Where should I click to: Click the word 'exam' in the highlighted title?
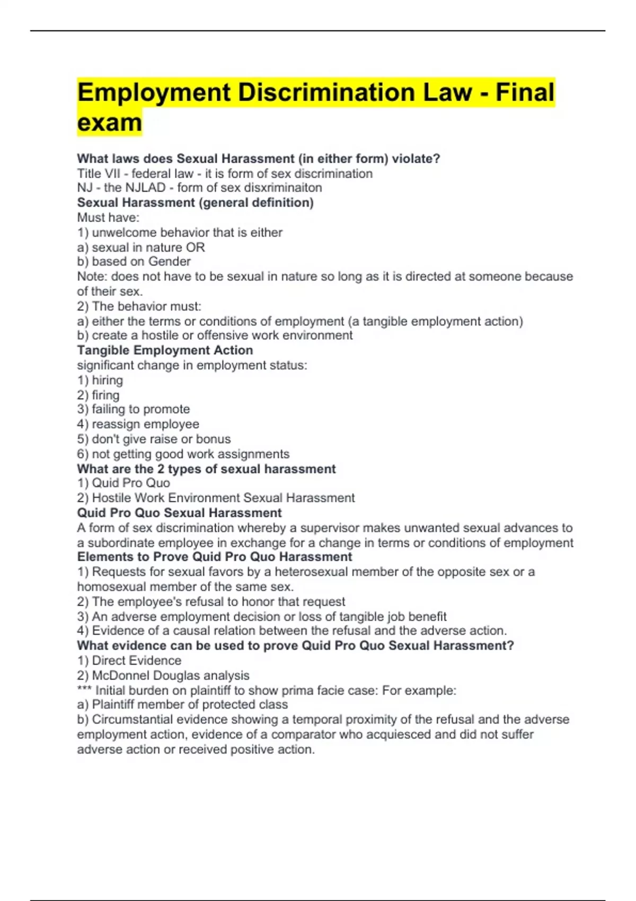109,122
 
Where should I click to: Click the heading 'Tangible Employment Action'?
165,350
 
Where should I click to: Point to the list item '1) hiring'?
100,380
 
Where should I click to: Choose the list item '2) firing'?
99,395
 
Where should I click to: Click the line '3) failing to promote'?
133,409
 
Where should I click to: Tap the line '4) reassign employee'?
138,424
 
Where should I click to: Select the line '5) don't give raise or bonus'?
154,439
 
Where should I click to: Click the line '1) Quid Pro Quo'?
123,483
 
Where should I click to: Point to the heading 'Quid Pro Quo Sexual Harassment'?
179,513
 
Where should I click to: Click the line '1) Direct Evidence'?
129,660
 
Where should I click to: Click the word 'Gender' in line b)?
169,261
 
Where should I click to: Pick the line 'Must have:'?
108,217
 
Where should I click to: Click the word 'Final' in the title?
525,93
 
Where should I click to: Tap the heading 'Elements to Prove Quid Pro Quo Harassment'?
215,556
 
